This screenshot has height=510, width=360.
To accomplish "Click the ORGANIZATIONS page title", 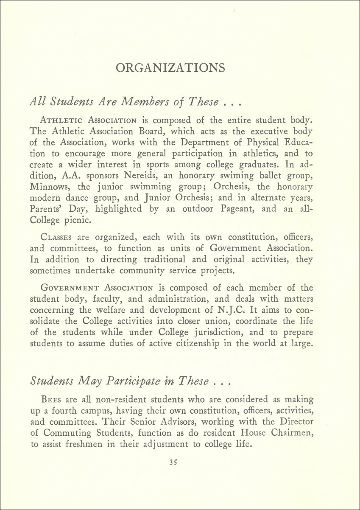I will click(170, 68).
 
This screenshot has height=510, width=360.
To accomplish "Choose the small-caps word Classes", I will click(57, 238).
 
